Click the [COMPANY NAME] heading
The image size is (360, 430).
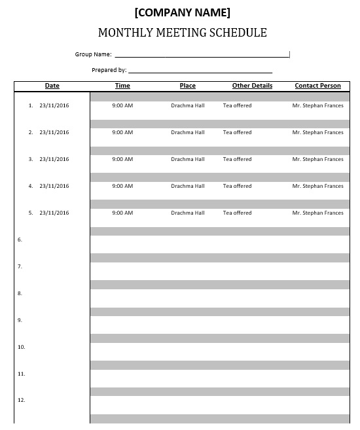(x=182, y=12)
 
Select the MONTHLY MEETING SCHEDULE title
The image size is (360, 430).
(x=182, y=33)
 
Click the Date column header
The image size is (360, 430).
(x=52, y=86)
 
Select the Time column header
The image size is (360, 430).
(x=122, y=86)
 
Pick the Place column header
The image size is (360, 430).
(x=187, y=86)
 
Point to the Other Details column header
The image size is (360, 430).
(x=252, y=86)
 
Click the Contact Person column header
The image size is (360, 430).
(x=317, y=86)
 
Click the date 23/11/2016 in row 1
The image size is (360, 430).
(x=54, y=105)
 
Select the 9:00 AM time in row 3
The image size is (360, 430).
(x=122, y=159)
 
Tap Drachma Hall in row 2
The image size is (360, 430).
(x=187, y=132)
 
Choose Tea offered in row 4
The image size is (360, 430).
(x=237, y=186)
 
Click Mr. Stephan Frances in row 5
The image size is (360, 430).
(x=317, y=213)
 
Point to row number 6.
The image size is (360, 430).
(x=20, y=240)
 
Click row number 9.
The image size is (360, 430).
(x=20, y=320)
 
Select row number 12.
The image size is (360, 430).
(x=21, y=400)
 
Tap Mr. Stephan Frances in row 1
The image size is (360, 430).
(x=317, y=105)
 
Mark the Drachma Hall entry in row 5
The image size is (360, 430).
(x=187, y=213)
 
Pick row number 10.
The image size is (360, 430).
(x=21, y=347)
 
